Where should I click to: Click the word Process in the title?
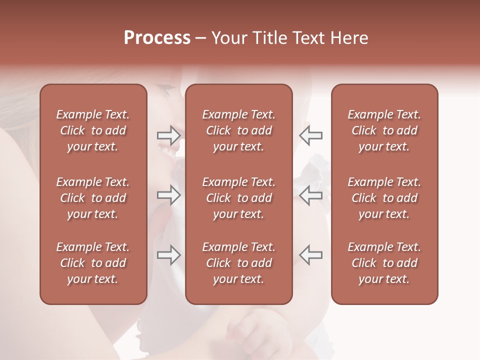157,38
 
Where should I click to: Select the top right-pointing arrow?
169,135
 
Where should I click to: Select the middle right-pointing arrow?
169,195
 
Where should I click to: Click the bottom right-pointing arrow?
169,255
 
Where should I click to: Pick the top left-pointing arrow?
310,135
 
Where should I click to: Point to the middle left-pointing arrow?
310,195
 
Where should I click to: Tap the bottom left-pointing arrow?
310,255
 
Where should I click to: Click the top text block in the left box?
93,130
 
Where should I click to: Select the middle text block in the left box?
93,198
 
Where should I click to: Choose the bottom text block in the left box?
93,263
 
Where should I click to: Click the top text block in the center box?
238,130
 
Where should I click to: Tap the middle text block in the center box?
238,198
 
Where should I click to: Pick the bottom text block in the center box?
238,263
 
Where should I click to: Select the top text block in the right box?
384,130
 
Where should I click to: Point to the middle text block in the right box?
384,198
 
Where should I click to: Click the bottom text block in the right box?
384,263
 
